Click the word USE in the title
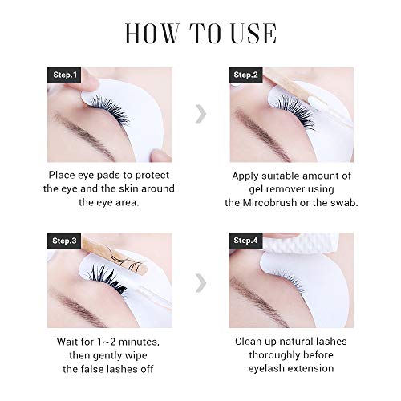tap(253, 34)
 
